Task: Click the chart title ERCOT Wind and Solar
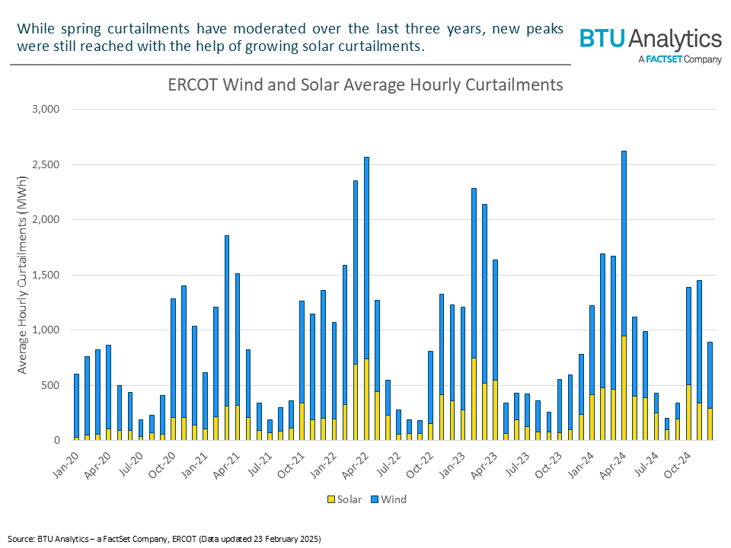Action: [x=365, y=84]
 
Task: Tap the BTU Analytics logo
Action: [x=650, y=39]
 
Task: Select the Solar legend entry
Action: [x=346, y=499]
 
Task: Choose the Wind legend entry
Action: [x=388, y=499]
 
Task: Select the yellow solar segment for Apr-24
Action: [x=624, y=388]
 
